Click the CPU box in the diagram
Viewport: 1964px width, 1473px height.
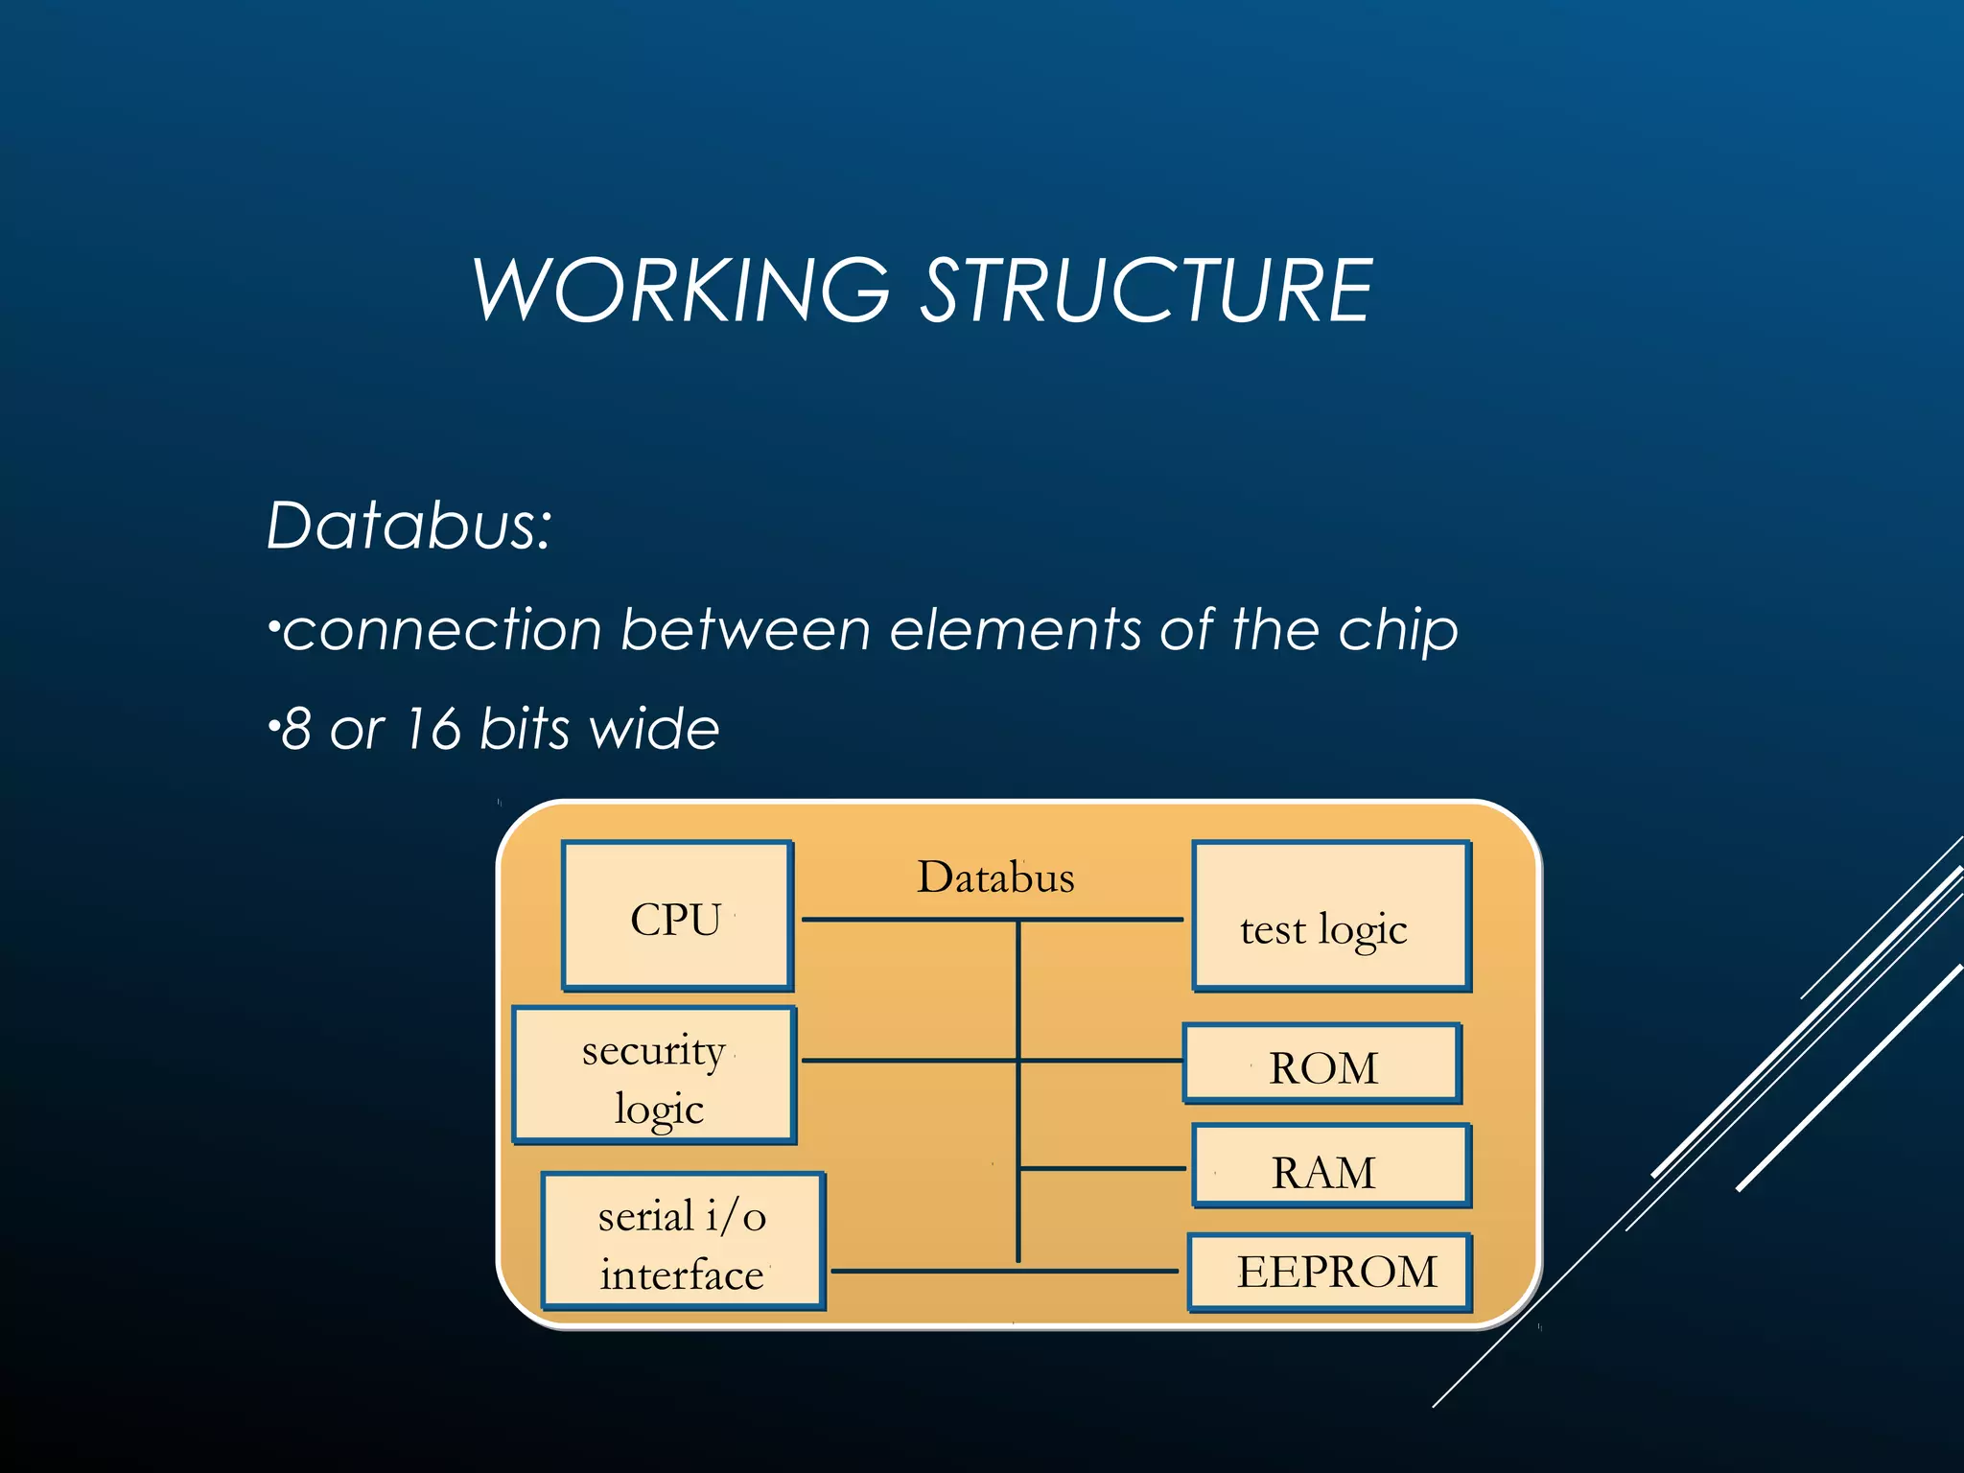tap(677, 916)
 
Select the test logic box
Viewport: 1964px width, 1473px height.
tap(1331, 916)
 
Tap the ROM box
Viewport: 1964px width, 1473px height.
tap(1322, 1064)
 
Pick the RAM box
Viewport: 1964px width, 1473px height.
tap(1331, 1166)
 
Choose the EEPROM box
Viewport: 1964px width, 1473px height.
tap(1330, 1273)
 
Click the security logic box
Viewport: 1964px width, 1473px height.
tap(655, 1075)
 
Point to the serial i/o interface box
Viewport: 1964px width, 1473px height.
tap(683, 1241)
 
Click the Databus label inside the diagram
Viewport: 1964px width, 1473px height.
tap(995, 877)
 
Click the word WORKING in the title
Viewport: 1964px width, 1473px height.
tap(682, 291)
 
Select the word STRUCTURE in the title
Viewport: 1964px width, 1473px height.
tap(1147, 291)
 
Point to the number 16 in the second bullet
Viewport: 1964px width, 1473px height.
tap(433, 729)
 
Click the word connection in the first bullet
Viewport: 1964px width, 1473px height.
tap(442, 631)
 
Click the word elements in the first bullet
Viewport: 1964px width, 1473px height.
tap(1015, 631)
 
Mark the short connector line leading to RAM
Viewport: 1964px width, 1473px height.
tap(1103, 1168)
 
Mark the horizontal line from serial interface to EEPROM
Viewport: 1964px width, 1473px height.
tap(1004, 1272)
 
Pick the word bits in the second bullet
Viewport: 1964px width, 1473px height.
tap(525, 729)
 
